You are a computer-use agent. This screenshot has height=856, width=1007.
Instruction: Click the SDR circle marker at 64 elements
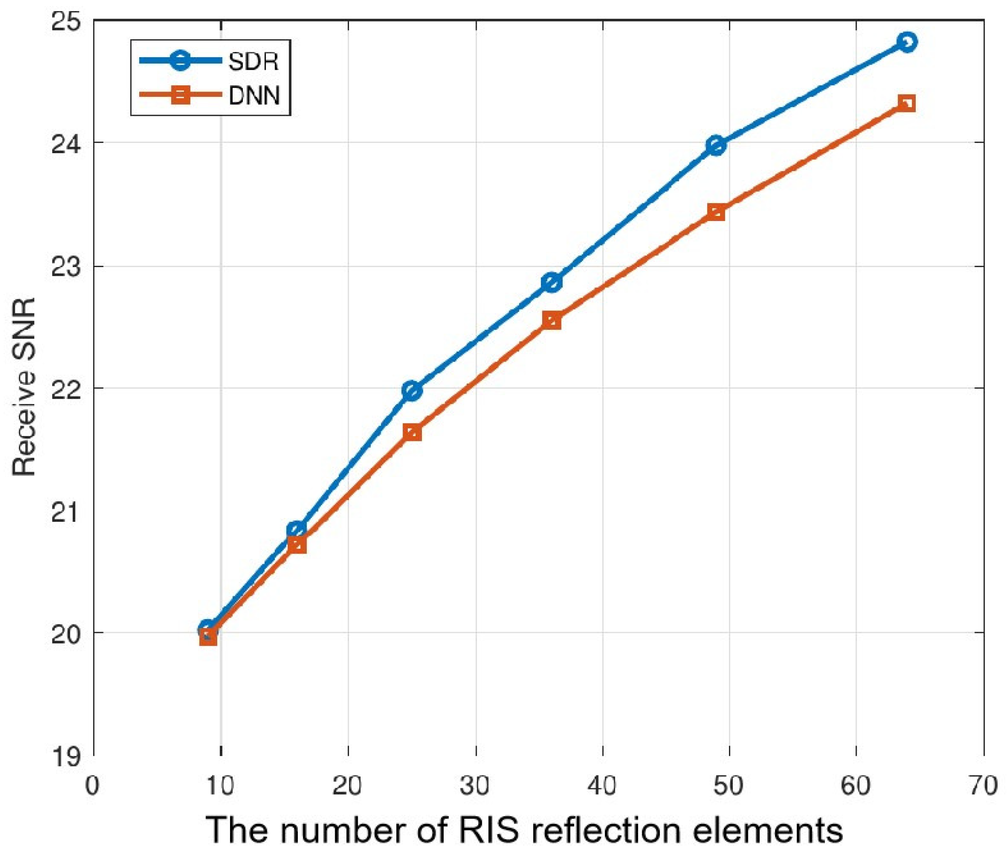click(907, 42)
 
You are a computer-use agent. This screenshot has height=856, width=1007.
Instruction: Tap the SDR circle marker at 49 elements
click(716, 145)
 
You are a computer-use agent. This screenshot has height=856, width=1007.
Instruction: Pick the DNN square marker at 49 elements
click(716, 212)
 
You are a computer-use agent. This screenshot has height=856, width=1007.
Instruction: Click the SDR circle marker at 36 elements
click(552, 282)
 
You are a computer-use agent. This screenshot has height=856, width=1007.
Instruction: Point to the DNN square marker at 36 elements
click(552, 321)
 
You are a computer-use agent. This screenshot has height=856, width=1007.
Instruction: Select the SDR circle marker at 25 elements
click(412, 390)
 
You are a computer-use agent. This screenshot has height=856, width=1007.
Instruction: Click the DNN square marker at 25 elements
click(412, 432)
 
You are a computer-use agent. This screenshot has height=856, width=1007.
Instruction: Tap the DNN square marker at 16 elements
click(297, 545)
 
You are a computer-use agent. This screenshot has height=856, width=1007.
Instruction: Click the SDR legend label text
click(253, 62)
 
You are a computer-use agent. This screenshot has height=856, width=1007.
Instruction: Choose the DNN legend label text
click(254, 96)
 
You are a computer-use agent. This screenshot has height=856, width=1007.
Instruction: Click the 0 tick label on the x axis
click(92, 785)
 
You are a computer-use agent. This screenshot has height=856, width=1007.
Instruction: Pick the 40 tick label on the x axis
click(602, 785)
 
